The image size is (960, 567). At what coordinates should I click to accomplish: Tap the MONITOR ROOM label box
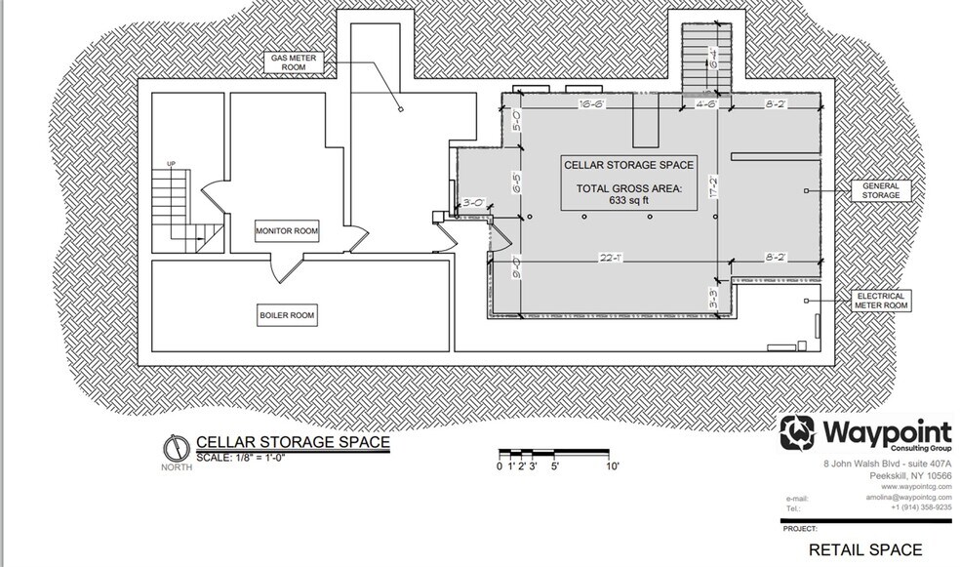point(288,231)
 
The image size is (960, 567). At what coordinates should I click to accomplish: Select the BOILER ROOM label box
point(288,315)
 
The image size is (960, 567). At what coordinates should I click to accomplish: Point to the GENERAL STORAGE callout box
point(881,189)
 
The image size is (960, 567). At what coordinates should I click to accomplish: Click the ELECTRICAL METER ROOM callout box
point(881,300)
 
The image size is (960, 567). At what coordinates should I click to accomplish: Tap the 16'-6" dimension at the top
point(593,101)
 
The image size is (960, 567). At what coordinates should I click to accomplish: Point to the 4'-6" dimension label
point(706,101)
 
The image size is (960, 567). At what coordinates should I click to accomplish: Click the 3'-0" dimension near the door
point(475,202)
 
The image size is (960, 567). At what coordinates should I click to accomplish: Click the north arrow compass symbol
point(173,447)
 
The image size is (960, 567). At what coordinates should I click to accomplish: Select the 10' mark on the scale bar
point(613,467)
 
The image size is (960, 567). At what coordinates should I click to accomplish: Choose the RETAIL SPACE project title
point(865,549)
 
